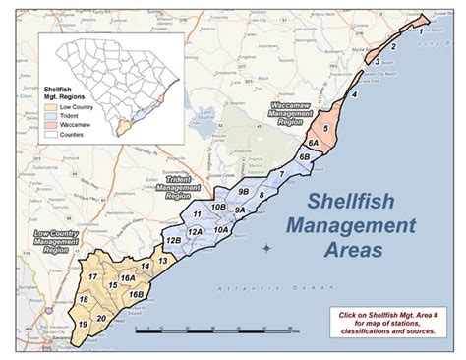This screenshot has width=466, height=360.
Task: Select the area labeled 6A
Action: [x=312, y=144]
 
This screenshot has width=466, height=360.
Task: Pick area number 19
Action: [x=83, y=324]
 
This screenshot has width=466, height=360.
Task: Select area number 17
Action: [x=90, y=278]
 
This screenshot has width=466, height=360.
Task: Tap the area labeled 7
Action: [x=281, y=174]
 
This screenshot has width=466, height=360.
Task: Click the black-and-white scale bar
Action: [x=215, y=328]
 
